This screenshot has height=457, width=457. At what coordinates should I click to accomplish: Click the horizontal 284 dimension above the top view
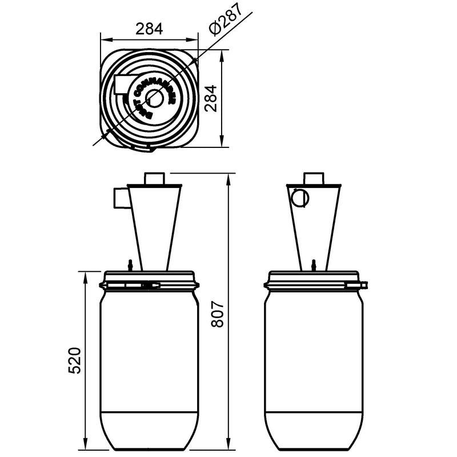[149, 28]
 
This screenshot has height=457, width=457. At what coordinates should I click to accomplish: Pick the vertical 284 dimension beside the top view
[211, 99]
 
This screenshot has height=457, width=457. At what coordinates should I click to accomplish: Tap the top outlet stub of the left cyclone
[154, 178]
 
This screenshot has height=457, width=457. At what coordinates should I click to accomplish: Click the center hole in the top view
[154, 98]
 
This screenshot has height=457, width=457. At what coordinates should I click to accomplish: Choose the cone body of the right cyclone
[314, 228]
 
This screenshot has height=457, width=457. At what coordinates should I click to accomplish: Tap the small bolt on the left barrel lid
[131, 264]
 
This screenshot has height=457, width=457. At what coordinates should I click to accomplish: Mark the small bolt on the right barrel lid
[313, 266]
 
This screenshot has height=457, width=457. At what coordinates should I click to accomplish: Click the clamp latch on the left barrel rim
[150, 284]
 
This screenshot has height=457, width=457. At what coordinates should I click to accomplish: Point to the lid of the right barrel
[314, 276]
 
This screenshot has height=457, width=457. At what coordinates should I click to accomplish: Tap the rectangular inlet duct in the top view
[122, 85]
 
